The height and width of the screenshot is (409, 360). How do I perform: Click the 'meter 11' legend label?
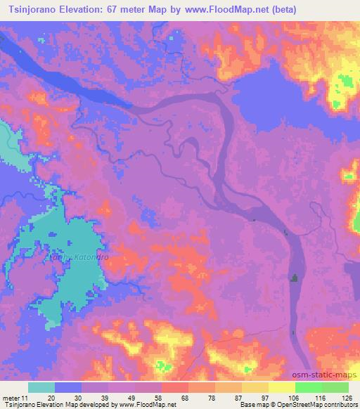(x=16, y=398)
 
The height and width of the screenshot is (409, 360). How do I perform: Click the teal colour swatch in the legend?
(x=41, y=387)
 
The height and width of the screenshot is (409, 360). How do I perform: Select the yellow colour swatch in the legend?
(x=281, y=387)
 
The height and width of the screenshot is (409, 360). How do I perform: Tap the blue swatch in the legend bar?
(x=68, y=387)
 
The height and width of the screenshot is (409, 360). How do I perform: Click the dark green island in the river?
(x=293, y=278)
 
